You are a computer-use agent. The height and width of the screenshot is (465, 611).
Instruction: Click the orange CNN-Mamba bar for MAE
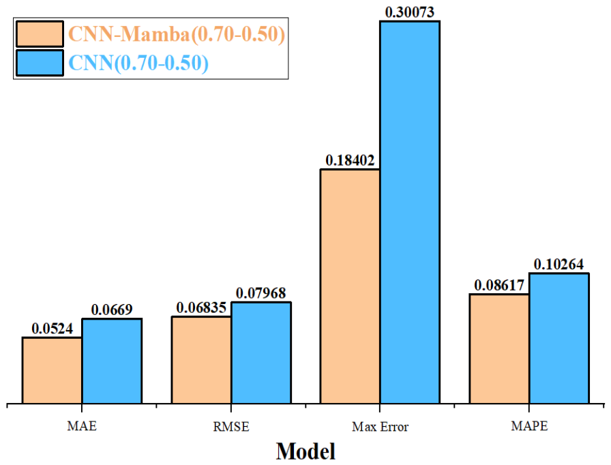coord(53,370)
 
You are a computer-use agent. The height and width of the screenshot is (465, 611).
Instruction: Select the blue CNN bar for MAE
coord(112,361)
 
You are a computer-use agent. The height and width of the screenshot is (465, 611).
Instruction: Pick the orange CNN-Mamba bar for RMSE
coord(201,360)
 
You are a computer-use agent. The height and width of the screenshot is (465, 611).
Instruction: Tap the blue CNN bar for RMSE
coord(261,352)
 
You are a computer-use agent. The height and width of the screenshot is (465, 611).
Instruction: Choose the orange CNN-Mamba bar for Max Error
coord(351,286)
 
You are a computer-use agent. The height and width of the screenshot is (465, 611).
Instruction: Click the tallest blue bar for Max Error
coord(410,212)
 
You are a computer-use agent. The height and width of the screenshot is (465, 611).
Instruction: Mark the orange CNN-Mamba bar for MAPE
coord(500,349)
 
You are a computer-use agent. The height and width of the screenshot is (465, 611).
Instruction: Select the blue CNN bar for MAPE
coord(559,338)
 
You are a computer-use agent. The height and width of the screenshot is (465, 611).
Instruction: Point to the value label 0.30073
coord(410,12)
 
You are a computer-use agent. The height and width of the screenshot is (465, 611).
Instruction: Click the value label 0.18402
coord(350,160)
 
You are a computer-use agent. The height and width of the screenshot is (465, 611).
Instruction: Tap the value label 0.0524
coord(53,329)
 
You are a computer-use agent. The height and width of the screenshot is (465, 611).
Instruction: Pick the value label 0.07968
coord(260,293)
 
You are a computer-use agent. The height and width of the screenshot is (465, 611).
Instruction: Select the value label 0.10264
coord(558,265)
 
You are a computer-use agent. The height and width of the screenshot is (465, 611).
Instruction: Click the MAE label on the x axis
coord(82,426)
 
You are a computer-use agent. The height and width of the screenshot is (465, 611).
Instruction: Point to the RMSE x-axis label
coord(231,427)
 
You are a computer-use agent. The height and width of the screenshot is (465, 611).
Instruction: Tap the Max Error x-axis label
coord(380,427)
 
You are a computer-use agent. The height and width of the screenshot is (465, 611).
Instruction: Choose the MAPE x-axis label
coord(529,426)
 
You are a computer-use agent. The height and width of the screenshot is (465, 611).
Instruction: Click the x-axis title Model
coord(305,451)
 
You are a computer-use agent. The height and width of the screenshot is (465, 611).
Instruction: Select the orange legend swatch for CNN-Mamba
coord(40,34)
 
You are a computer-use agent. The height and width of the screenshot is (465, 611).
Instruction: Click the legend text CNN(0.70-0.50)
coord(138,63)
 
